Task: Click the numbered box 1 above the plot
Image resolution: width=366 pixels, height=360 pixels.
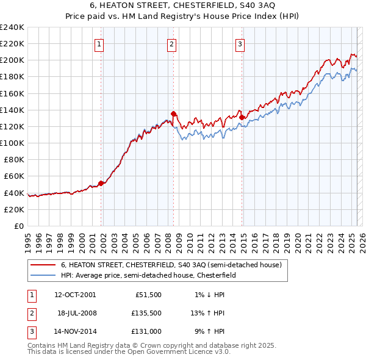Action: (x=99, y=43)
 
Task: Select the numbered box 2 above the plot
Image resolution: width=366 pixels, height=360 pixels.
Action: (x=172, y=43)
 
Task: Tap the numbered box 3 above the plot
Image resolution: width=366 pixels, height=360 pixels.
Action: (x=240, y=43)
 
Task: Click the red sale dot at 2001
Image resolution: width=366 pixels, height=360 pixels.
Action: (x=101, y=183)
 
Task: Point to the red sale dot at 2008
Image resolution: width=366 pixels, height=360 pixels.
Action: (x=174, y=113)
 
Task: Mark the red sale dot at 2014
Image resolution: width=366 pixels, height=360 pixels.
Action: (x=242, y=117)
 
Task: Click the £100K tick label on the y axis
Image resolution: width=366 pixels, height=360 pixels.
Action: (x=12, y=143)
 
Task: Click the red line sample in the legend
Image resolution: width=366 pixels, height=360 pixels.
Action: (x=43, y=265)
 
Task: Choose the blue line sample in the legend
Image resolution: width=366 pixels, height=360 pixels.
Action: (x=43, y=275)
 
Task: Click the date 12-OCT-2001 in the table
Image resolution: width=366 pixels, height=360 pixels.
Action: (x=75, y=295)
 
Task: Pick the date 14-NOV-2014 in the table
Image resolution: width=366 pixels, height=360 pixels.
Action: (x=75, y=331)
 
